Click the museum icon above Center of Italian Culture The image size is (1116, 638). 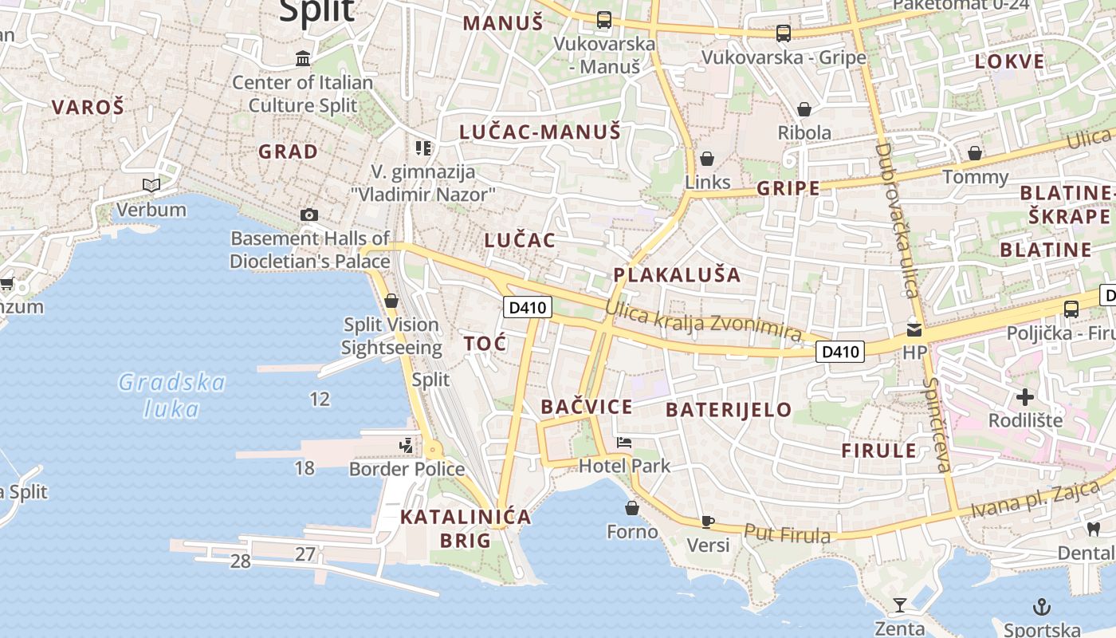[303, 58]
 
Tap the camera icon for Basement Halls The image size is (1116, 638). [309, 215]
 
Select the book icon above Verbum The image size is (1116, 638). [151, 186]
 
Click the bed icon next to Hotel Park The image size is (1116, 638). [624, 443]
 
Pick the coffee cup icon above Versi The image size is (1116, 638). [707, 522]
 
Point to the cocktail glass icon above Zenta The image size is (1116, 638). [900, 605]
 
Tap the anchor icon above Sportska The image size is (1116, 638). [1040, 607]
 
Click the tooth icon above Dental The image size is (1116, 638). [1094, 529]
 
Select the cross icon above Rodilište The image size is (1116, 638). [1025, 396]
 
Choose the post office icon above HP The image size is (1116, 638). [914, 329]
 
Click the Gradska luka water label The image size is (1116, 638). [171, 396]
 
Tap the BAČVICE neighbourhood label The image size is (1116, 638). [587, 407]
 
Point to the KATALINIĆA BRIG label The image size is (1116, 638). [466, 528]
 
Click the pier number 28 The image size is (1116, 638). [240, 561]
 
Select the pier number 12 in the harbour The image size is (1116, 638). [320, 399]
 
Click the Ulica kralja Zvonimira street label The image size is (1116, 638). [703, 320]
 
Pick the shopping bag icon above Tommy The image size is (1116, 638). [975, 153]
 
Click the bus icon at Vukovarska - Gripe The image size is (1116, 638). [784, 33]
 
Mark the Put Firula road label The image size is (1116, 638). [787, 534]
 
